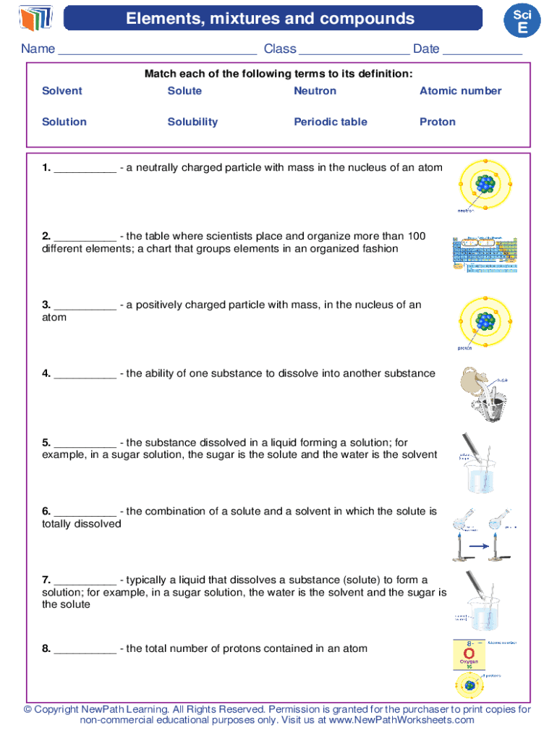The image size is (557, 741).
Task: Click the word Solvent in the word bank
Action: click(x=62, y=90)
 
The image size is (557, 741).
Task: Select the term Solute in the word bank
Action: click(x=184, y=90)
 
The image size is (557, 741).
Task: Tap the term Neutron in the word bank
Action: click(x=315, y=90)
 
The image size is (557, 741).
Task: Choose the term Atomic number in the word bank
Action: click(x=460, y=90)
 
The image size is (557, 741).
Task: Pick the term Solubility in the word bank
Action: click(x=192, y=122)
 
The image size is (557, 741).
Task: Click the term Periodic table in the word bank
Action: click(x=330, y=122)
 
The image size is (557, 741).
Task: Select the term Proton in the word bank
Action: click(x=438, y=122)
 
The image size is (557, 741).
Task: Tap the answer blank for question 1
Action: click(x=85, y=169)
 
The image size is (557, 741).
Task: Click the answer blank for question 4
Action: click(x=85, y=375)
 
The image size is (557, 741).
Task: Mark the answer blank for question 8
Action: click(x=85, y=650)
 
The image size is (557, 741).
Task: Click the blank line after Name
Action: click(x=157, y=51)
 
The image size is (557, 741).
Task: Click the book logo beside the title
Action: click(x=36, y=17)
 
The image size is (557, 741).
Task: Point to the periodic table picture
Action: click(x=484, y=253)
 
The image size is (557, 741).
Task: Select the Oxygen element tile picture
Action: click(x=469, y=655)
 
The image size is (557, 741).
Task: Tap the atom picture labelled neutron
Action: click(x=484, y=185)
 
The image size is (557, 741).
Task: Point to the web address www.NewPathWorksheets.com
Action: click(x=401, y=720)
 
